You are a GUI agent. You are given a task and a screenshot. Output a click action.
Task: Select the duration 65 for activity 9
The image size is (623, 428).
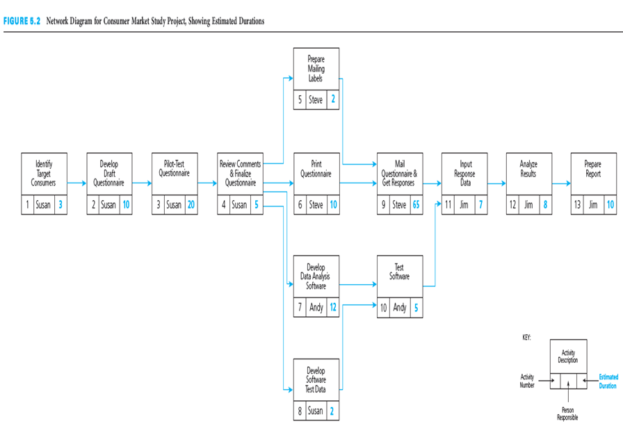(x=415, y=205)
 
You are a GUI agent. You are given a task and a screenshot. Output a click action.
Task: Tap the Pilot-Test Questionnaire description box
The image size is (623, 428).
(x=175, y=174)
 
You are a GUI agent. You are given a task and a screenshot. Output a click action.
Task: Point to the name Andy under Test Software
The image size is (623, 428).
(x=399, y=307)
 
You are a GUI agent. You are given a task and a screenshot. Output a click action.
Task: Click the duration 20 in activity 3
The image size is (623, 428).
(x=191, y=205)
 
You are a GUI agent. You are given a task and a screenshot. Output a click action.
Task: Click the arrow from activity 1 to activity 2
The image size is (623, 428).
(x=76, y=184)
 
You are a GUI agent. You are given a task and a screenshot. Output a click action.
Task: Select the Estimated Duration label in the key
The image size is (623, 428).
(x=608, y=381)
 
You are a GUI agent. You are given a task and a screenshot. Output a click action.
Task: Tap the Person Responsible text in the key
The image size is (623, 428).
(x=567, y=415)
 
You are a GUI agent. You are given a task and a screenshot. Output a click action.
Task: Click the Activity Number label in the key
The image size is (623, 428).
(x=527, y=381)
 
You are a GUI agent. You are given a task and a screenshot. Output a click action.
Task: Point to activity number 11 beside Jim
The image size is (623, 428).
(x=448, y=205)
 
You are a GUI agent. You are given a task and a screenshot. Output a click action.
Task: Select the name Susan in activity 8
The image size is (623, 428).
(x=316, y=411)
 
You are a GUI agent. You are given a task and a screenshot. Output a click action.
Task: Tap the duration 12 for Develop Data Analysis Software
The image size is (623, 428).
(x=333, y=307)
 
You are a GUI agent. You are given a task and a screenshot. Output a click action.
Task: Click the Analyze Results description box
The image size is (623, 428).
(x=528, y=174)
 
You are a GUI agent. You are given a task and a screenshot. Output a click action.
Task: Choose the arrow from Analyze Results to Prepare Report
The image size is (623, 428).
(x=561, y=184)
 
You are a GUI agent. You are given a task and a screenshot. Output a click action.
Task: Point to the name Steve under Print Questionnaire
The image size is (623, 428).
(x=316, y=205)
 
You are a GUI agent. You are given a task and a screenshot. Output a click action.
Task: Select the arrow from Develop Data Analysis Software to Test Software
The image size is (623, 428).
(x=358, y=285)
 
